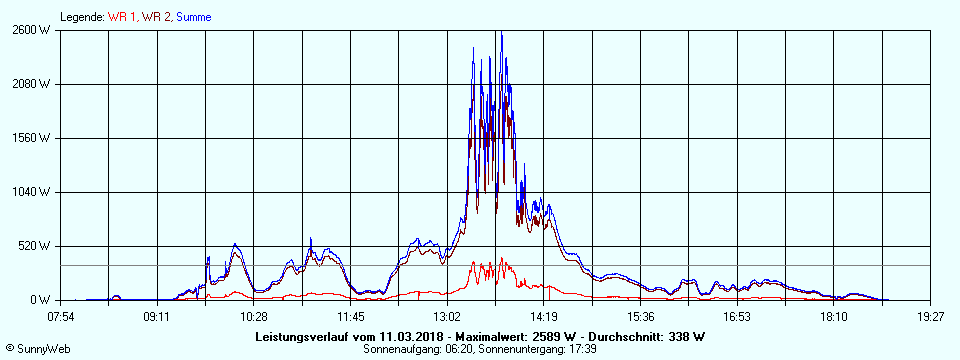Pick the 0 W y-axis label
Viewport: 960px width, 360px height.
(40, 300)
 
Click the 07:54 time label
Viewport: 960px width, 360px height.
(61, 317)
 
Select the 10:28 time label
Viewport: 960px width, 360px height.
(254, 317)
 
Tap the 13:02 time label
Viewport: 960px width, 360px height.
(448, 317)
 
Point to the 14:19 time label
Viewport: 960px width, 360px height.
(544, 317)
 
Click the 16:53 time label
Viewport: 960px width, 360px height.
(737, 317)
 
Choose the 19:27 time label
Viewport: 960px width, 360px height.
(930, 317)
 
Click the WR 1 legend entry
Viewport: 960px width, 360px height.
(122, 17)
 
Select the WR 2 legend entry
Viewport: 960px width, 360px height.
(156, 17)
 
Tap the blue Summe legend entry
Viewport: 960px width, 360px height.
(194, 17)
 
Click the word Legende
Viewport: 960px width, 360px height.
(82, 17)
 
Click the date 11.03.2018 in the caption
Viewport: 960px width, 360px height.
(383, 336)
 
